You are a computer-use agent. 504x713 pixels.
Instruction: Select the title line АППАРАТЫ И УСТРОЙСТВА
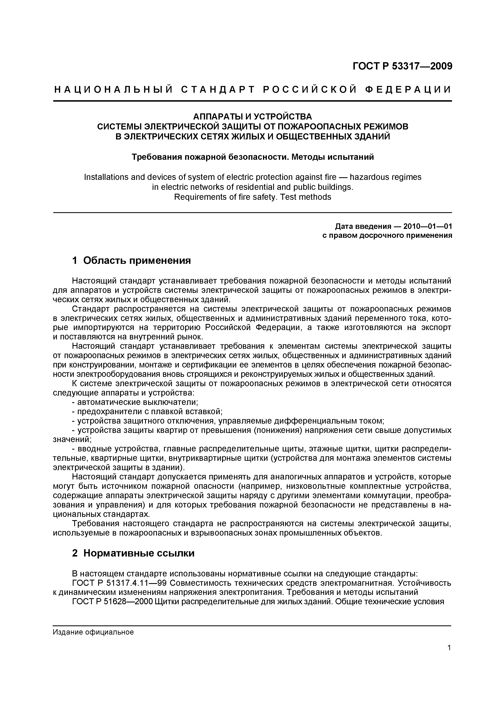coord(252,117)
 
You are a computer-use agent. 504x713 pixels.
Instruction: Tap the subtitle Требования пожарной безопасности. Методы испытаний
coord(252,157)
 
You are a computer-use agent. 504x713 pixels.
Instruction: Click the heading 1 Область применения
coord(131,261)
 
